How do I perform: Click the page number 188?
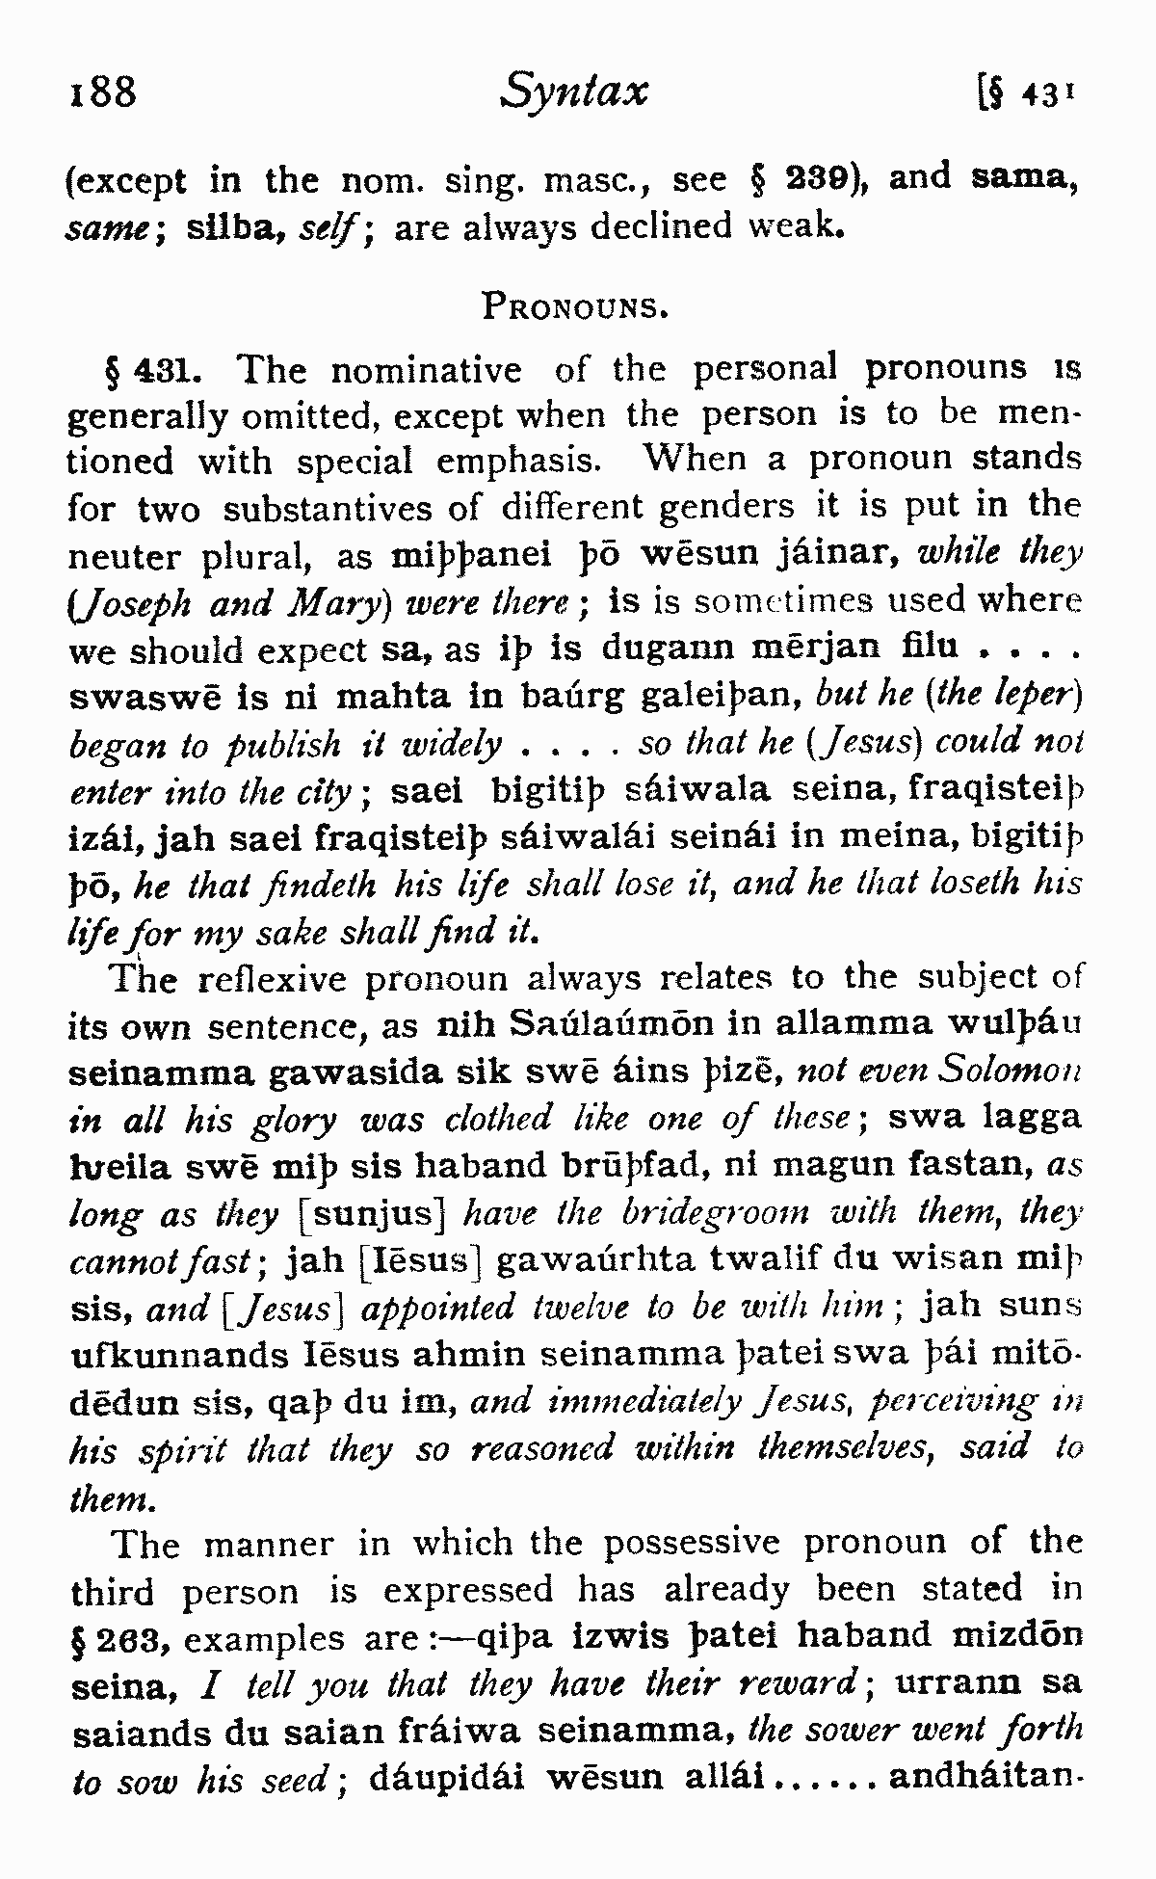pyautogui.click(x=104, y=93)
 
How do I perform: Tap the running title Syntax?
pyautogui.click(x=574, y=93)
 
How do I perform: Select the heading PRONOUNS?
pyautogui.click(x=574, y=308)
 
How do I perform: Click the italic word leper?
pyautogui.click(x=1036, y=693)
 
